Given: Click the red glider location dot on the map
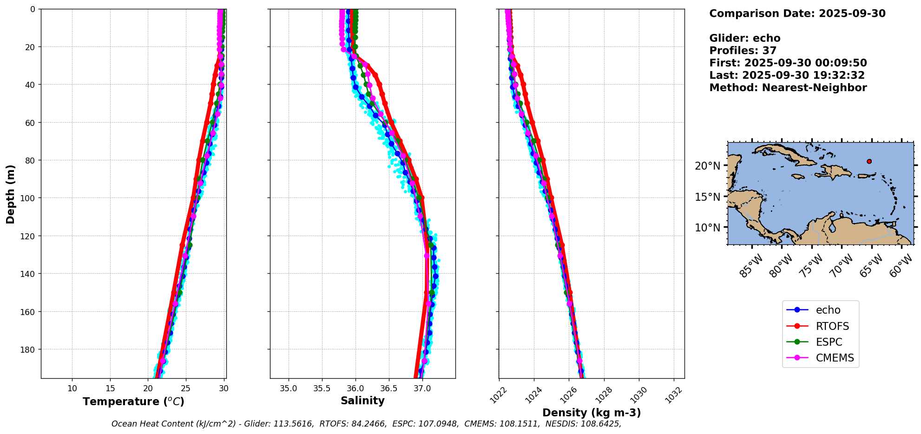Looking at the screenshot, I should point(869,161).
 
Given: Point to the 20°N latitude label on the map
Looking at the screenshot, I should point(707,166).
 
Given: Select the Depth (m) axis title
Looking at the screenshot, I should point(10,194).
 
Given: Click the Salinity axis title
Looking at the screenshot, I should point(362,401).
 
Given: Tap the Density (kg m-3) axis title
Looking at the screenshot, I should point(592,413).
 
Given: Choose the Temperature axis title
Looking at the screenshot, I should point(133,401).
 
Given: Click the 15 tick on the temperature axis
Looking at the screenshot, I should point(110,388).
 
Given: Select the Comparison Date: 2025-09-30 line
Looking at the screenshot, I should point(797,13).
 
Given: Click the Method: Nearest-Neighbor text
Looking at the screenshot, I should point(788,88).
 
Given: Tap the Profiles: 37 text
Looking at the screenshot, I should point(743,51).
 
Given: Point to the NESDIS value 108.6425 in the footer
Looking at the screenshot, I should point(603,424).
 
